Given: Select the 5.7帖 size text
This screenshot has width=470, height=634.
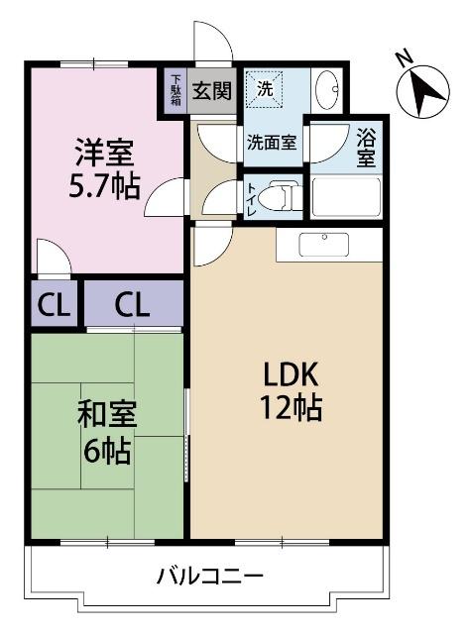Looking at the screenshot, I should (x=104, y=185).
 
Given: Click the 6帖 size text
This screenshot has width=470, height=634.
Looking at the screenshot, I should (x=106, y=451).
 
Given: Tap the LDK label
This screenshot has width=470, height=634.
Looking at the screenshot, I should (x=290, y=374).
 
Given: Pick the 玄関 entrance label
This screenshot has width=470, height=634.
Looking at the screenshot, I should (x=211, y=91).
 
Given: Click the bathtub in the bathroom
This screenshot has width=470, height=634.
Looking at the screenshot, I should (x=346, y=196).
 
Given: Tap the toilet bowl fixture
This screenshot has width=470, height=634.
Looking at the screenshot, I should (x=282, y=196).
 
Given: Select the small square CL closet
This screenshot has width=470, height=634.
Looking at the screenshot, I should (x=49, y=304).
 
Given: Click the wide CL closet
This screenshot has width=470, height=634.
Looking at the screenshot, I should (x=132, y=304).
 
